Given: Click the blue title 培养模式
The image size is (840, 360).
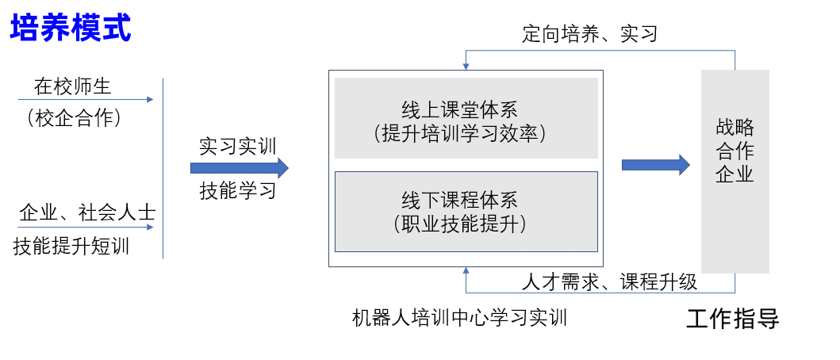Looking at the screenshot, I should coord(71,29).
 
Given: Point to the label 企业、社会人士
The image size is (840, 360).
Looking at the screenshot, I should coord(87,213).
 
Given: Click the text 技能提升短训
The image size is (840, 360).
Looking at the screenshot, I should coord(71,247).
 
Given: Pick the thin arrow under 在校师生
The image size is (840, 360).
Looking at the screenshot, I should coord(86,100).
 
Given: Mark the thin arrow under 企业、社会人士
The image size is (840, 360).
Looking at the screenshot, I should coord(86,228).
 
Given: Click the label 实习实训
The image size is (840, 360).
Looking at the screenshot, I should coord(237,147).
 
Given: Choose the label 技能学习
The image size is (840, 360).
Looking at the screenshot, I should coord(237,191).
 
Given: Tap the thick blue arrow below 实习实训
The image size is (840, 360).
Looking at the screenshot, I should coord(239,168).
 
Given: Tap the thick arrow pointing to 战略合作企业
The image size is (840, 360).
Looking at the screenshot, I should coord(655,164).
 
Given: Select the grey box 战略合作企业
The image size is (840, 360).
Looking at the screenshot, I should coord(735,170).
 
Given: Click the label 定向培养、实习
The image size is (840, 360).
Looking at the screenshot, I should coord(589,34).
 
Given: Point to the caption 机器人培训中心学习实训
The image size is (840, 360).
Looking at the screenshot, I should coord(459,318).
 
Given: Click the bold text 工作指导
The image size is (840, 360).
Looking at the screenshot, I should coord(732,319).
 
